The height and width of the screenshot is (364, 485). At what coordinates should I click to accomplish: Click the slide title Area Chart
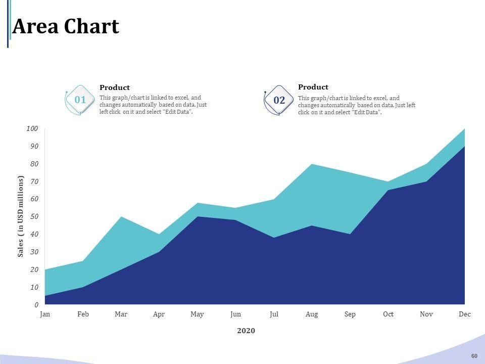coord(66,27)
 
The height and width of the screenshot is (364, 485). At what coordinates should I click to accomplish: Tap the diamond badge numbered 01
coord(80,100)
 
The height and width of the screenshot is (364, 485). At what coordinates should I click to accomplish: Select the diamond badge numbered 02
coord(279,101)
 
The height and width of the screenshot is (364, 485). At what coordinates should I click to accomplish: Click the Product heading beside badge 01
coord(115,88)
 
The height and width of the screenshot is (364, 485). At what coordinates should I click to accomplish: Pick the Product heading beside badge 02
coord(313,87)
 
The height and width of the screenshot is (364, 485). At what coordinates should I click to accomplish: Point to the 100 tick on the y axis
coord(32,129)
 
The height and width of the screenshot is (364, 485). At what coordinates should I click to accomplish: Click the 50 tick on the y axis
coord(34,217)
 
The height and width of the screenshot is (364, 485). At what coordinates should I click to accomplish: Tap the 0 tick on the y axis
coord(36,305)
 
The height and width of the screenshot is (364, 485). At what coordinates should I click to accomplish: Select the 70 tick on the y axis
coord(34,181)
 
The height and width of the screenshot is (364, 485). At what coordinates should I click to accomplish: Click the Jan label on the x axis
coord(45,314)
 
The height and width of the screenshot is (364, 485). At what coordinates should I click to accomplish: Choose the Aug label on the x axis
coord(312,314)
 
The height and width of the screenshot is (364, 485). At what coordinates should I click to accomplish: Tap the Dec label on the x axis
coord(465,314)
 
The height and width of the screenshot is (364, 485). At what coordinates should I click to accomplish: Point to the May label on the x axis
coord(197,314)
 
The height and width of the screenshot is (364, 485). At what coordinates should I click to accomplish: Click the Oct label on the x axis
coord(388,314)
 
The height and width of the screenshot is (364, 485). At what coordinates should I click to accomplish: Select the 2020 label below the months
coord(246,331)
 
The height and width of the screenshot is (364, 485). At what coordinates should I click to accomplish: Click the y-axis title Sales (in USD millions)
coord(21,216)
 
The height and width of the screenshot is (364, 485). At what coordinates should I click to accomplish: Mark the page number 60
coord(474,356)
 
